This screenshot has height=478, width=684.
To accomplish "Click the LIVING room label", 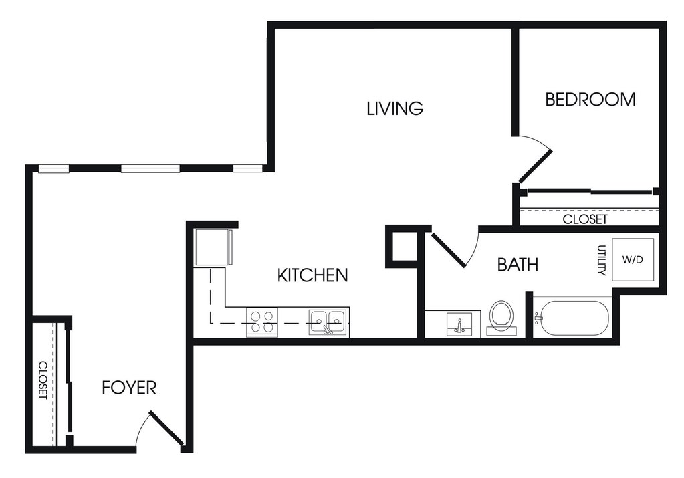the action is tap(394, 108).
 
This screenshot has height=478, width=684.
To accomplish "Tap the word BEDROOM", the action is tap(590, 100).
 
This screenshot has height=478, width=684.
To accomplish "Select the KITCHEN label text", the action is tap(313, 275).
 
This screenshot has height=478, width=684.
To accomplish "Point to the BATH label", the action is tap(518, 265).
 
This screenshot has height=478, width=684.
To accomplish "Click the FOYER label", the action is tap(129, 387).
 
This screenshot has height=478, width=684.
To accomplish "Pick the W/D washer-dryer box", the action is tap(633, 259).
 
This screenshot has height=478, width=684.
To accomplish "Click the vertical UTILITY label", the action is tap(602, 260).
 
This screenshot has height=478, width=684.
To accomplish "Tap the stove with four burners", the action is tap(261, 322).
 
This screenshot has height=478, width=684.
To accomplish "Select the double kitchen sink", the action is tap(328, 322).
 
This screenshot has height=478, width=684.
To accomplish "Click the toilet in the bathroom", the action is tap(501, 318).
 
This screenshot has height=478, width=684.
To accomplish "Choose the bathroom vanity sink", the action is tap(459, 324).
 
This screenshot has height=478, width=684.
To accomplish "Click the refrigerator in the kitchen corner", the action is tap(214, 247).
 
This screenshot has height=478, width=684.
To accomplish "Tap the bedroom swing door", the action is tap(536, 166).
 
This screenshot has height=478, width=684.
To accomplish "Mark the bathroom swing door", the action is tap(449, 250).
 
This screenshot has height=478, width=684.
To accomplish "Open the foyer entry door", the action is tap(166, 429).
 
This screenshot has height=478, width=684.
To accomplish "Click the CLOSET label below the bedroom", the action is tap(584, 219).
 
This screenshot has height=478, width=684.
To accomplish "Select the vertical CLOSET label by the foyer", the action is tap(43, 380).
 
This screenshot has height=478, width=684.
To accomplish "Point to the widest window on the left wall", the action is tap(150, 168).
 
